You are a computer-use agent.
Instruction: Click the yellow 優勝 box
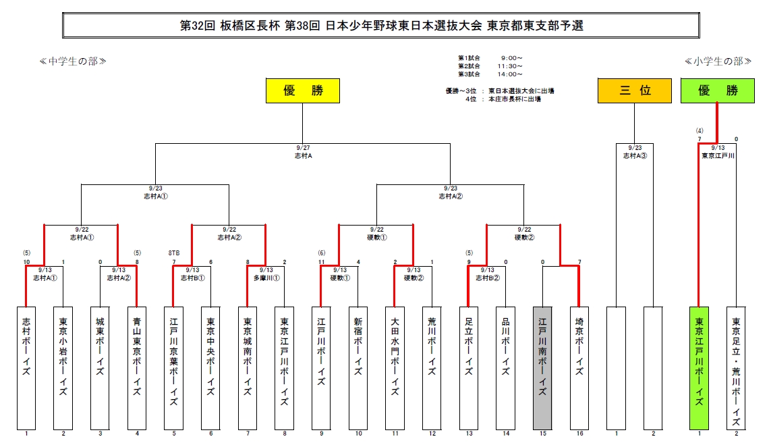pos(303,90)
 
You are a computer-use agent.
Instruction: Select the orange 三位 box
pos(635,90)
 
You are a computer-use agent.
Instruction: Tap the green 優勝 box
pos(718,90)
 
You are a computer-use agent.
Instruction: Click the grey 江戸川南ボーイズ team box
pos(542,369)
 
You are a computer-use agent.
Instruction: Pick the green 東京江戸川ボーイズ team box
pos(699,369)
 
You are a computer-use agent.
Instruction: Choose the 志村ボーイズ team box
pos(26,369)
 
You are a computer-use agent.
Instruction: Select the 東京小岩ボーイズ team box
pos(63,369)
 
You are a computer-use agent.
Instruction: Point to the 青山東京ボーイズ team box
pos(137,369)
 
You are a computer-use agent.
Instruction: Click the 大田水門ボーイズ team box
pos(395,369)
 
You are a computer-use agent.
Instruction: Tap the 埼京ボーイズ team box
pos(579,369)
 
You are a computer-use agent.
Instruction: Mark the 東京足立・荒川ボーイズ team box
pos(736,369)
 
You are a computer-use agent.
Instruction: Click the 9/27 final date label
pos(303,148)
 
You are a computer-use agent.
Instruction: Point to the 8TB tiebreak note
pos(174,253)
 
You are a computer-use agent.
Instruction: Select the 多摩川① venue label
pos(266,278)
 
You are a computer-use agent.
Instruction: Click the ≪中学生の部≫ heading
pos(73,61)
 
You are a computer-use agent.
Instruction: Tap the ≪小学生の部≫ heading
pos(718,61)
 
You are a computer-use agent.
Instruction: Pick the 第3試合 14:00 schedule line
pos(490,74)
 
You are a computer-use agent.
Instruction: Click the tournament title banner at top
pos(381,26)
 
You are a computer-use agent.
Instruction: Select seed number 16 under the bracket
pos(579,434)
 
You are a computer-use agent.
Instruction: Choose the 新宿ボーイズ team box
pos(358,369)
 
